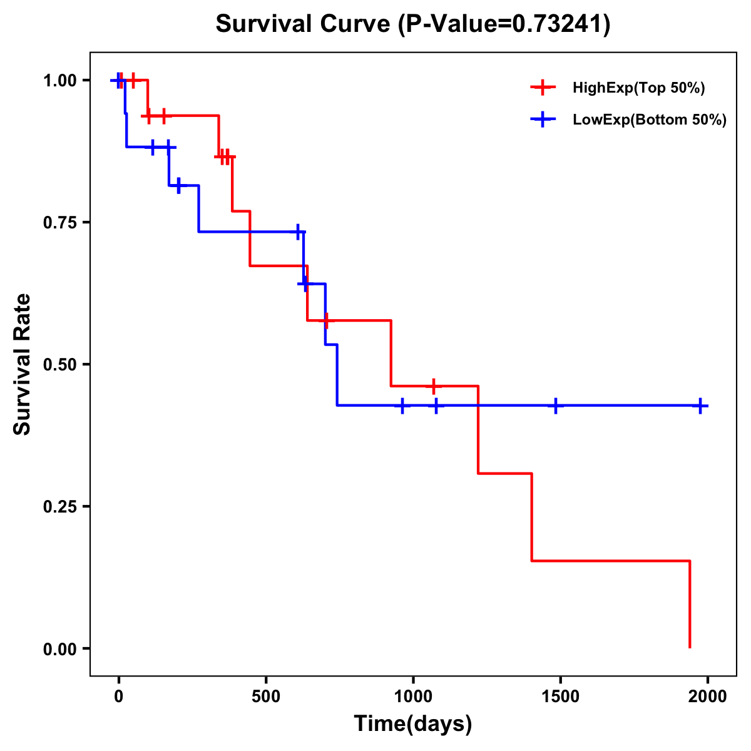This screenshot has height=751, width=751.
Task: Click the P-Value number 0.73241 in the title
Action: point(558,24)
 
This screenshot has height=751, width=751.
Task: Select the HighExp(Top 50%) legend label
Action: point(638,88)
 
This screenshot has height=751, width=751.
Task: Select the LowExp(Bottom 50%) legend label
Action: point(650,120)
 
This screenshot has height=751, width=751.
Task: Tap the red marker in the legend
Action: point(543,88)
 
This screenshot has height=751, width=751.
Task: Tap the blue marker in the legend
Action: point(543,119)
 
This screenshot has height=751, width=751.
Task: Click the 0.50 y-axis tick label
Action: point(59,365)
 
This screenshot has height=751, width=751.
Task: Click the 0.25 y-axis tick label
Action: point(59,507)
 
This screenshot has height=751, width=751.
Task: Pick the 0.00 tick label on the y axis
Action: point(59,649)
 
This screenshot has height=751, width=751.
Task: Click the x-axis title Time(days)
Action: point(413,724)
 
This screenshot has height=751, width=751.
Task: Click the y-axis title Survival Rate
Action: point(23,364)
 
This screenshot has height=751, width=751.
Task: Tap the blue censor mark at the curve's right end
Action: point(700,406)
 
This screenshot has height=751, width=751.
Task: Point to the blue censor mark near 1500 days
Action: point(555,406)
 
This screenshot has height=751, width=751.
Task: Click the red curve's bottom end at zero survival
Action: point(690,646)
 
